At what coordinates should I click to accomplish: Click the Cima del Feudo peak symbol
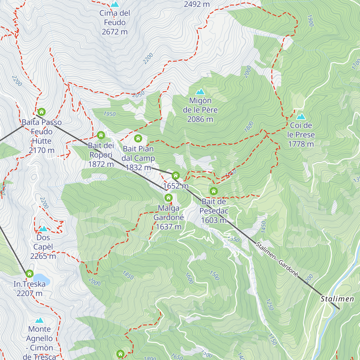click(115, 4)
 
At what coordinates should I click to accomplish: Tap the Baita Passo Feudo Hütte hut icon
click(42, 112)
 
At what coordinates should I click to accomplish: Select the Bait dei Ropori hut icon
click(101, 135)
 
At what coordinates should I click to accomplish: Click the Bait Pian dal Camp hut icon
click(138, 138)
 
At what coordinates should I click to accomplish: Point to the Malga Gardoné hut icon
click(169, 198)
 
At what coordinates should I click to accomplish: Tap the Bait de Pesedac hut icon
click(214, 191)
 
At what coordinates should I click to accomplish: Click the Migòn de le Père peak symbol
click(200, 91)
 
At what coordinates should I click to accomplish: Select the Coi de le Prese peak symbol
click(301, 116)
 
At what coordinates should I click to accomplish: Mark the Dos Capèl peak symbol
click(43, 229)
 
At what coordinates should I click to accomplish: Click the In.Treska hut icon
click(29, 274)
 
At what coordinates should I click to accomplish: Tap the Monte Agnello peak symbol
click(39, 320)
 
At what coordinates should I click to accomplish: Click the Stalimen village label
click(337, 299)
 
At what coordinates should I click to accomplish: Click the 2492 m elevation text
click(197, 4)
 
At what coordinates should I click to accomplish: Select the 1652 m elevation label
click(176, 186)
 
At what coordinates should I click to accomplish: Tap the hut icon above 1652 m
click(176, 175)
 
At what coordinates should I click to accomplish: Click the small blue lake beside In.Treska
click(41, 278)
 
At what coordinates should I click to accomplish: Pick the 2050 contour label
click(138, 94)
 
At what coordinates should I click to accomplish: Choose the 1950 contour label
click(109, 114)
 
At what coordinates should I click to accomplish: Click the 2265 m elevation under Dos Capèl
click(43, 256)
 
